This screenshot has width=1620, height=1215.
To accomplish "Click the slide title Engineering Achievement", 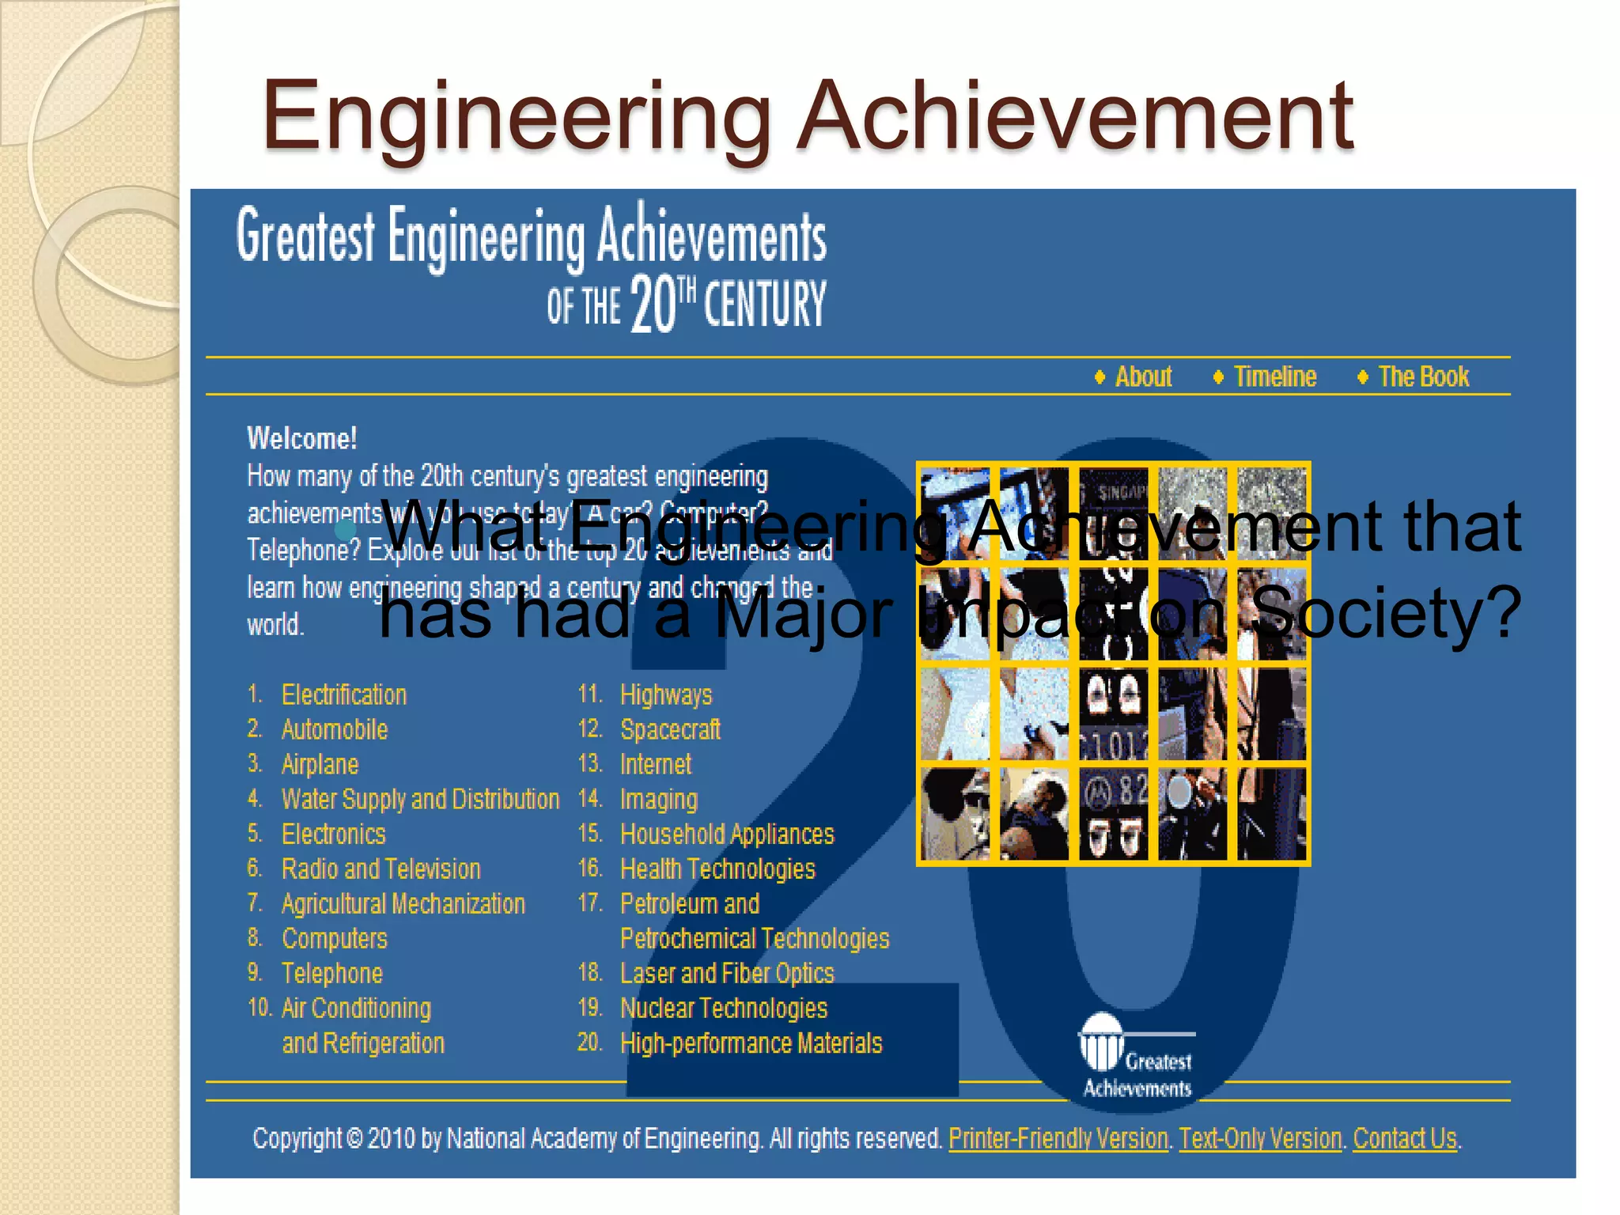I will tap(807, 117).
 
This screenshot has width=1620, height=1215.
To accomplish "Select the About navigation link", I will tap(1142, 377).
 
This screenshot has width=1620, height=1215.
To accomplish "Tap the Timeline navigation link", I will tap(1274, 377).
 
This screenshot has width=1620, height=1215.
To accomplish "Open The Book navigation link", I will tap(1423, 377).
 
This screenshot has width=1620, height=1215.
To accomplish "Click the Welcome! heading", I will tap(302, 438).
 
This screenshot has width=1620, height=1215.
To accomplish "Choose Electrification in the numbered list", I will tap(344, 695).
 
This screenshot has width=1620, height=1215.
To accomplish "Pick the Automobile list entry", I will tap(335, 729).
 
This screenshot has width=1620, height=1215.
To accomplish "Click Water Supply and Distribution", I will tap(420, 799).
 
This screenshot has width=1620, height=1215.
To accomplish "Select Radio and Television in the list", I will tap(380, 869).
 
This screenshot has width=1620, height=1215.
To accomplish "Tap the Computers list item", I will tap(335, 938).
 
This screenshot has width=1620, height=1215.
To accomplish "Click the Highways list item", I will tap(666, 695).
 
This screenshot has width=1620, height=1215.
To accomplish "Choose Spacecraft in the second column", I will tap(670, 729).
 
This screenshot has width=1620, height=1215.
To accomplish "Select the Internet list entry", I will tap(656, 764).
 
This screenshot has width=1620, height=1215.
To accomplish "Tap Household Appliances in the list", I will tap(727, 834).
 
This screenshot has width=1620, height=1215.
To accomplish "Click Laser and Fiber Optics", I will tap(727, 973).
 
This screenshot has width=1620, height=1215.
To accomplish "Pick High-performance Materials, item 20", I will tap(751, 1043).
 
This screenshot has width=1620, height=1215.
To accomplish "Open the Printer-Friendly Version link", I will tap(1058, 1138).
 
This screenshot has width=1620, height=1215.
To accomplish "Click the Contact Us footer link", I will tap(1405, 1138).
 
